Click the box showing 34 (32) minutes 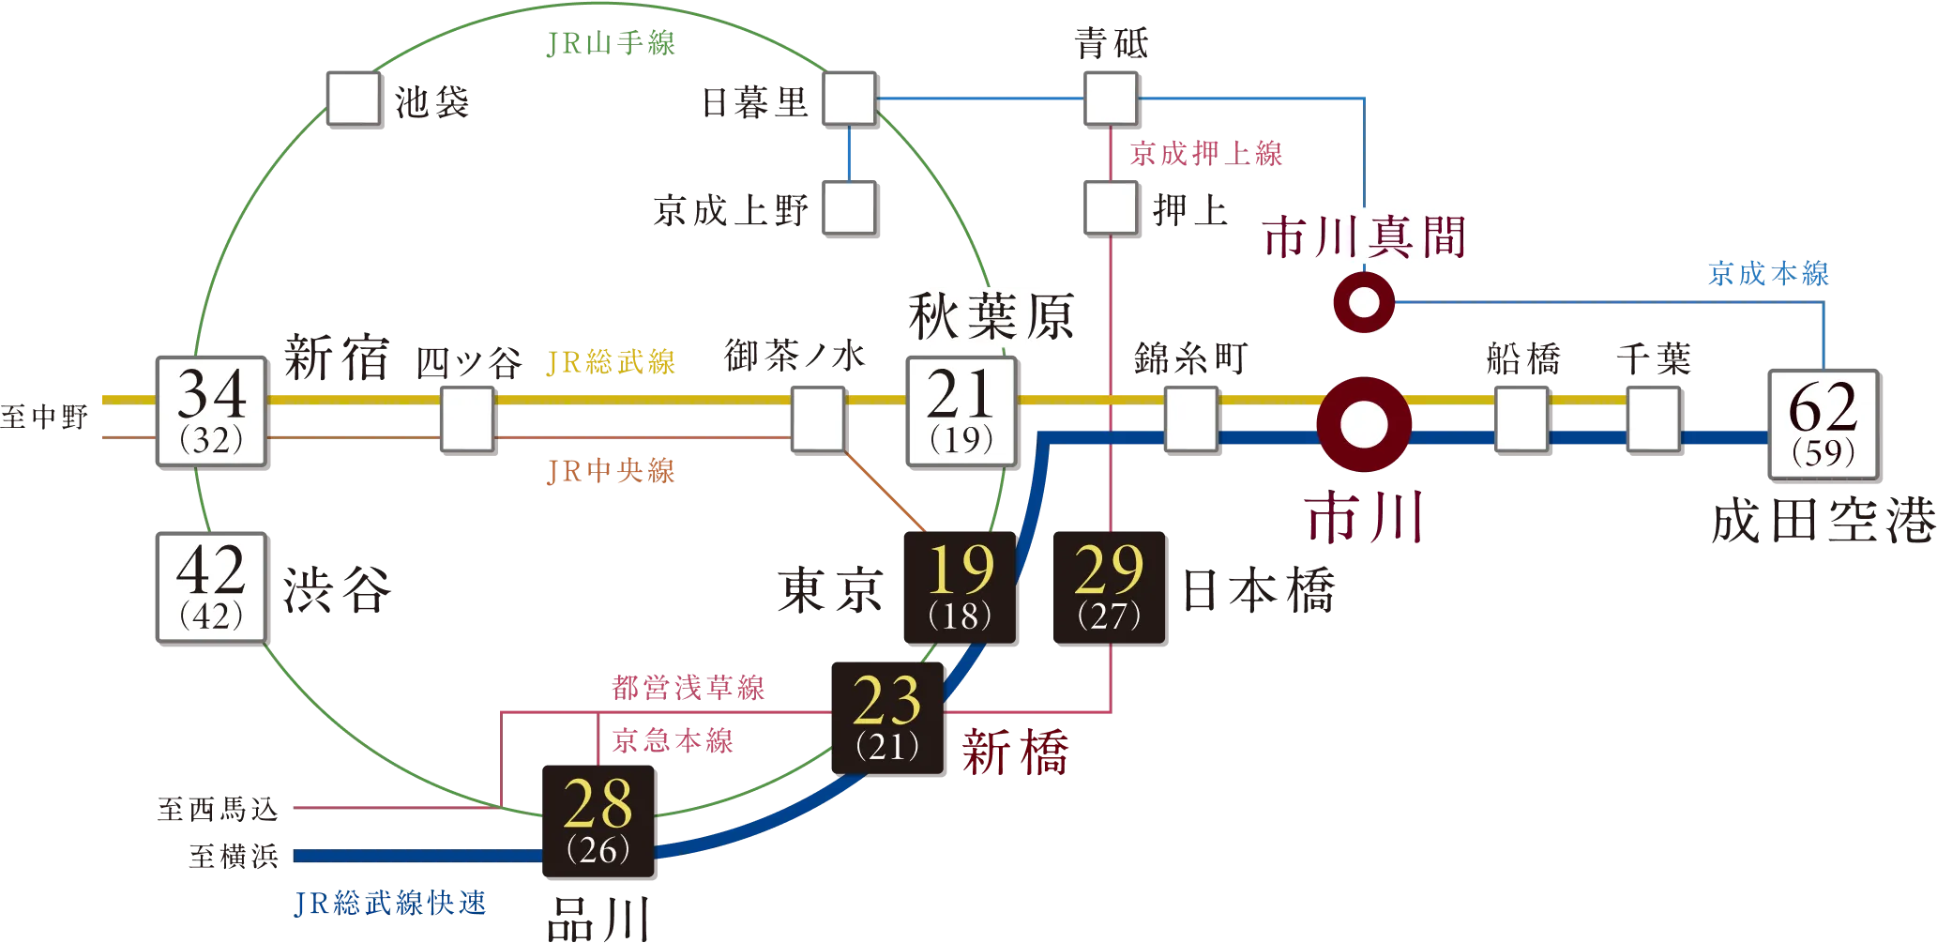click(x=211, y=412)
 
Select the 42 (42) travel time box click(x=211, y=586)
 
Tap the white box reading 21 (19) click(x=961, y=412)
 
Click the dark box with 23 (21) click(x=887, y=719)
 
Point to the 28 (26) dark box click(x=599, y=822)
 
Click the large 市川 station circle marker click(x=1363, y=424)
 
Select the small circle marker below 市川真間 click(x=1363, y=303)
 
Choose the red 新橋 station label click(x=1015, y=753)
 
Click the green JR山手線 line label click(x=610, y=44)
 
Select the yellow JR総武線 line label click(x=610, y=362)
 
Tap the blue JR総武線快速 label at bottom click(x=391, y=903)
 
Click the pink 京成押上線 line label click(x=1206, y=154)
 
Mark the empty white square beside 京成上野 click(x=849, y=208)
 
